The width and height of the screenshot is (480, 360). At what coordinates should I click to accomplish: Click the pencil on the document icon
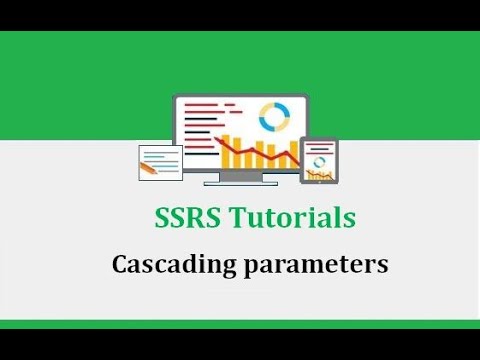[x=150, y=168]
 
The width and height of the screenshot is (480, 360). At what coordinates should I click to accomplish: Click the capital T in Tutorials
[x=240, y=218]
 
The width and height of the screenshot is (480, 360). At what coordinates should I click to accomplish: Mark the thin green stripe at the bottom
[x=240, y=324]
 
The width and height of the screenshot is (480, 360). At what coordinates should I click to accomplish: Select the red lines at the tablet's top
[x=320, y=145]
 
